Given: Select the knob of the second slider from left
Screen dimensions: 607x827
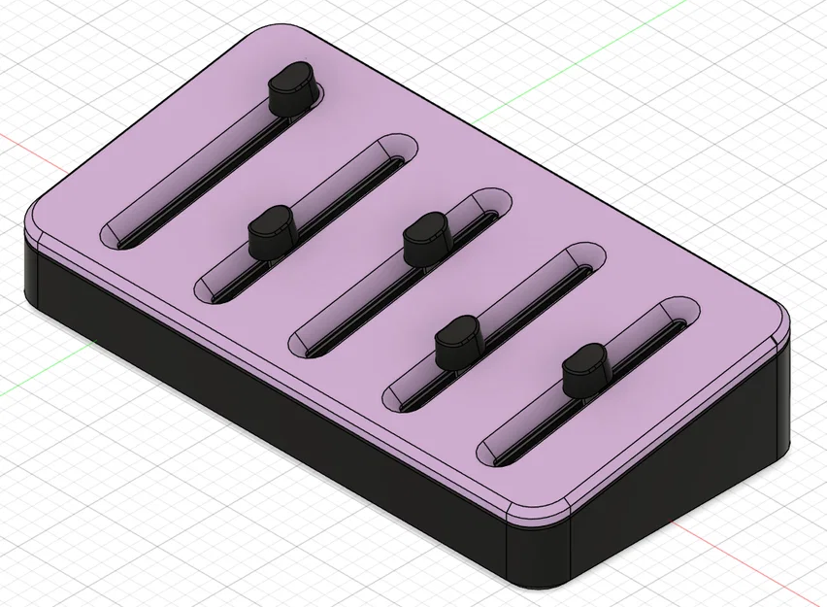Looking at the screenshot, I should (x=271, y=233).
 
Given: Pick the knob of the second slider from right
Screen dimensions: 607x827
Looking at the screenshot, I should (x=458, y=340).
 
